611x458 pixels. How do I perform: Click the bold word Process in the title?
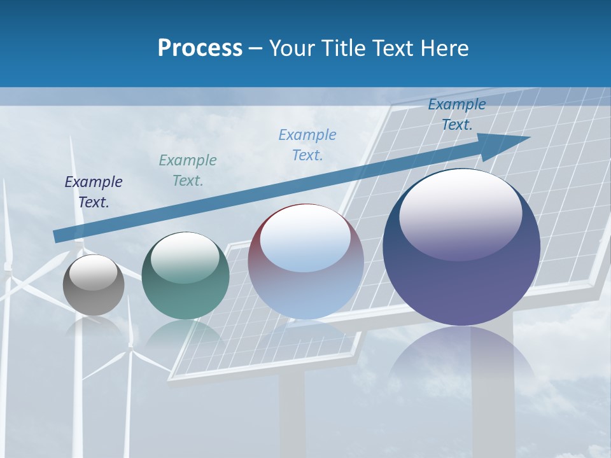(x=200, y=48)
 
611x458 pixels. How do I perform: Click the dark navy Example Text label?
(x=94, y=192)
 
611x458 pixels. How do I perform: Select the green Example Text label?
(x=188, y=170)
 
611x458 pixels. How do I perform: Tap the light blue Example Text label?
(x=307, y=144)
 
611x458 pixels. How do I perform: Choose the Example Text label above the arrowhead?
(x=457, y=114)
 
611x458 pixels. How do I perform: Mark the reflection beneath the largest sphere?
(x=461, y=356)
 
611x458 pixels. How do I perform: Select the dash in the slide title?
(x=256, y=48)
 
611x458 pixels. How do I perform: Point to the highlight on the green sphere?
(x=185, y=256)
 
